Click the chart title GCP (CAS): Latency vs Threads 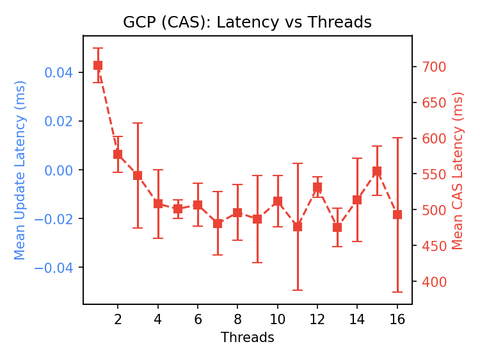247,22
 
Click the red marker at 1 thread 98,65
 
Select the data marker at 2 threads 118,154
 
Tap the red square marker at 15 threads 377,171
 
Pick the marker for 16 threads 397,215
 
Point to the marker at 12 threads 317,187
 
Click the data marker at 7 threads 218,224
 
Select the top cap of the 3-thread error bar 138,123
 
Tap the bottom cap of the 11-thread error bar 298,290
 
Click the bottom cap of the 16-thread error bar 397,292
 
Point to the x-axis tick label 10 278,319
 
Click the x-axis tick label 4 157,319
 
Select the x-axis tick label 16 397,319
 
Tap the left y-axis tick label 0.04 60,72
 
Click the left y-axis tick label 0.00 60,170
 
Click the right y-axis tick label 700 433,67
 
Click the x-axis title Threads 247,338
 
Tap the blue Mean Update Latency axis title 20,170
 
